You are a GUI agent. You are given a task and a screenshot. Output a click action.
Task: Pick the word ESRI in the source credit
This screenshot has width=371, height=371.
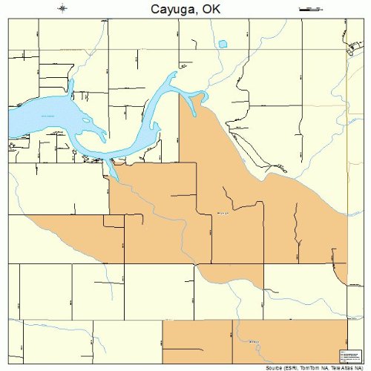point(294,367)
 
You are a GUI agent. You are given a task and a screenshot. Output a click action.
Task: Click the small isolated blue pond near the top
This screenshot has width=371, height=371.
point(222,45)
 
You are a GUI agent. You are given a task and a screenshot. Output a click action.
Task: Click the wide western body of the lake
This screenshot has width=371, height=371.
point(37,115)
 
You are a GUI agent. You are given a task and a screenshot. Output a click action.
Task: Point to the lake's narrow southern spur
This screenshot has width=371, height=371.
point(112,171)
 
